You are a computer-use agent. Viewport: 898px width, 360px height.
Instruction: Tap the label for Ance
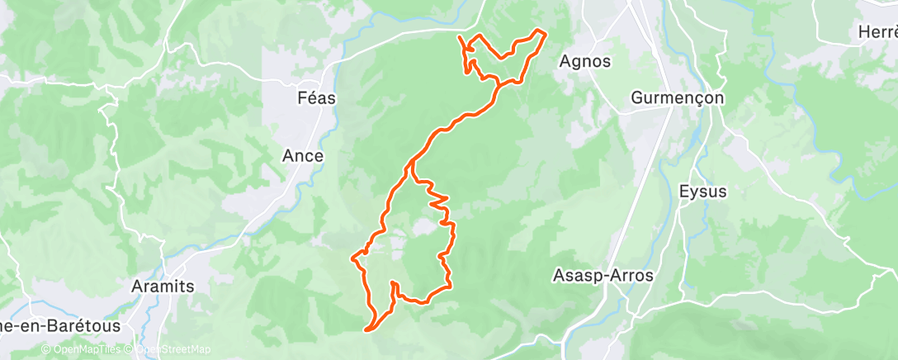303,155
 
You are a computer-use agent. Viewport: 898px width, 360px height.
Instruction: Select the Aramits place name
163,286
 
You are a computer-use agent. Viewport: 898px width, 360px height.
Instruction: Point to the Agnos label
584,61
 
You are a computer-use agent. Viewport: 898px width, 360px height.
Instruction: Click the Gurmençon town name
677,97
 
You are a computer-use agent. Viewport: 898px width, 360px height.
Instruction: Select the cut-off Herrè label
877,32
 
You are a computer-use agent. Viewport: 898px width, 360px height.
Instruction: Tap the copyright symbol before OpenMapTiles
45,349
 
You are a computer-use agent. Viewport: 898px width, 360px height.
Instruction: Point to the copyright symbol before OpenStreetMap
127,349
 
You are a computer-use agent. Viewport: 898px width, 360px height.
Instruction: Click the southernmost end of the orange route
366,329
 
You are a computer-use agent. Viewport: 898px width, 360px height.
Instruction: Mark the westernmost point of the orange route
353,259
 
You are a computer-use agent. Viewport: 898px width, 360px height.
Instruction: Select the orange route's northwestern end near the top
459,38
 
